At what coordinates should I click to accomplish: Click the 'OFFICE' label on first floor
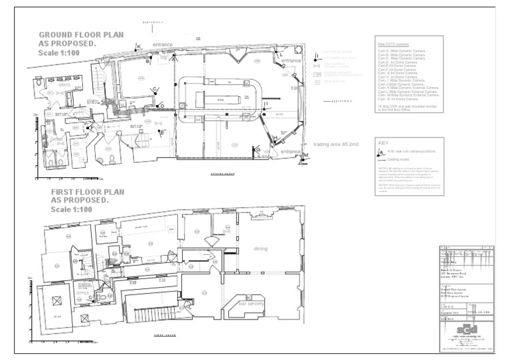83,292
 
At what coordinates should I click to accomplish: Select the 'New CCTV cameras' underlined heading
394,45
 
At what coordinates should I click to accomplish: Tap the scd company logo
466,331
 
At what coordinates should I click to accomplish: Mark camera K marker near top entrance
139,45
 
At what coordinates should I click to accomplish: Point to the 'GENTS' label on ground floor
65,85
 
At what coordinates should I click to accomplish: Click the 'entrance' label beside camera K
163,45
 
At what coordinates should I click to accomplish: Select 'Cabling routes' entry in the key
402,159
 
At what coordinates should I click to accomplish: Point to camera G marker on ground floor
258,151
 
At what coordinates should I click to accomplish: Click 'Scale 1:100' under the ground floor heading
58,53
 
